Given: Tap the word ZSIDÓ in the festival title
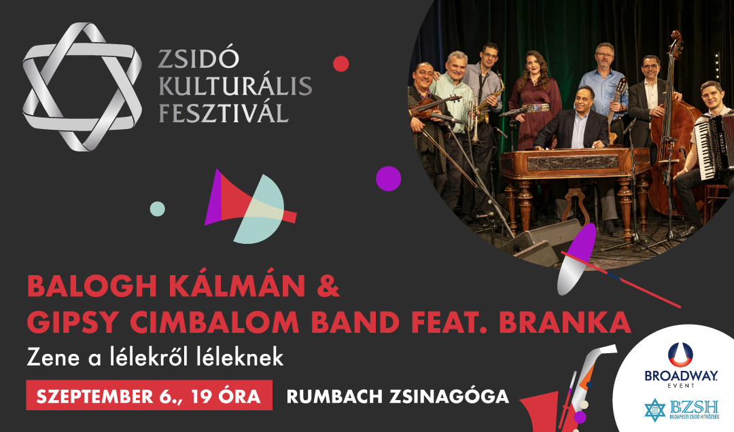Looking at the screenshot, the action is [198, 58].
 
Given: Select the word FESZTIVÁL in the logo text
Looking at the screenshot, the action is [224, 113].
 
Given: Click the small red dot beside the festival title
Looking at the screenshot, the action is [340, 64].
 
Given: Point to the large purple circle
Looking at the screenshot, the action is [389, 179].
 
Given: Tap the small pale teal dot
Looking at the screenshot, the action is [157, 209].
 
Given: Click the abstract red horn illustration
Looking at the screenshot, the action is [248, 206].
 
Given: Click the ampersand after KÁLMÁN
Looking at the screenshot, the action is [328, 286].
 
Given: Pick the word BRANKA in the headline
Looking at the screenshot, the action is [565, 322].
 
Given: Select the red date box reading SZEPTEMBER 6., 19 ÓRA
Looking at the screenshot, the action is [150, 395].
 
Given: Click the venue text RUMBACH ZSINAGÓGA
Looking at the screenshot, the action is [398, 397].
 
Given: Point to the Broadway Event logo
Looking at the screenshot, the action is [680, 365].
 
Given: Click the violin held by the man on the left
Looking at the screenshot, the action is [433, 107].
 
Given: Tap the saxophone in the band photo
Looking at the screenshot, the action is [489, 101].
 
